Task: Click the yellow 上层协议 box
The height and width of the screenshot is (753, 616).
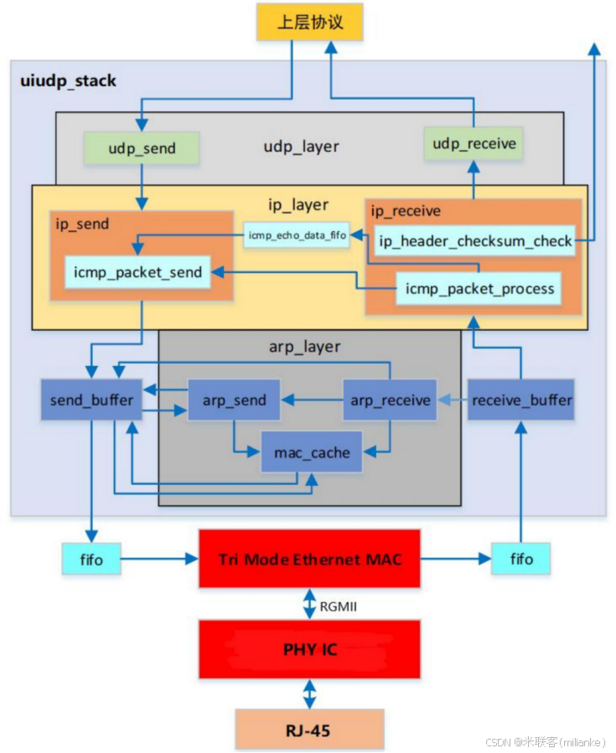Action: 310,23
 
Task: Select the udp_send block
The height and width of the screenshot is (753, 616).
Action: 142,148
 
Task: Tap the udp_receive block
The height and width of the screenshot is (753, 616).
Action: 474,144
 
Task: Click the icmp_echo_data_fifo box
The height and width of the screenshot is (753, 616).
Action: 297,235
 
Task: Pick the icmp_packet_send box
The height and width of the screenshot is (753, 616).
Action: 138,272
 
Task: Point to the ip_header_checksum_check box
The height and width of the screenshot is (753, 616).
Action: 475,241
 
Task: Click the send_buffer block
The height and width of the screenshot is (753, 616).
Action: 91,400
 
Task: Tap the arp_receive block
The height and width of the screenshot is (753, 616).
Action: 391,400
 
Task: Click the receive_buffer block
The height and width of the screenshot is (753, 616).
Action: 521,400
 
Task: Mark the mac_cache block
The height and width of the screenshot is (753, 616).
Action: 313,452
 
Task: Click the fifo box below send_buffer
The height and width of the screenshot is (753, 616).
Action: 91,559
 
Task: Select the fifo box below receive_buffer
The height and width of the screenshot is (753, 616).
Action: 521,559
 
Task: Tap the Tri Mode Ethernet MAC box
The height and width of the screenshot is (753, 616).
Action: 309,559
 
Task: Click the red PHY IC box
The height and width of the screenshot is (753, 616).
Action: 309,649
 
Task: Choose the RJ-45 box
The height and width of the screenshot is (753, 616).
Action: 309,730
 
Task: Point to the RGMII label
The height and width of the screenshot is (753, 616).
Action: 338,606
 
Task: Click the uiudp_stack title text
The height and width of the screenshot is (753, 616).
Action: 68,81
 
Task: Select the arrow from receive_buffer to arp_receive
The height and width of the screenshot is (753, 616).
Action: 453,400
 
